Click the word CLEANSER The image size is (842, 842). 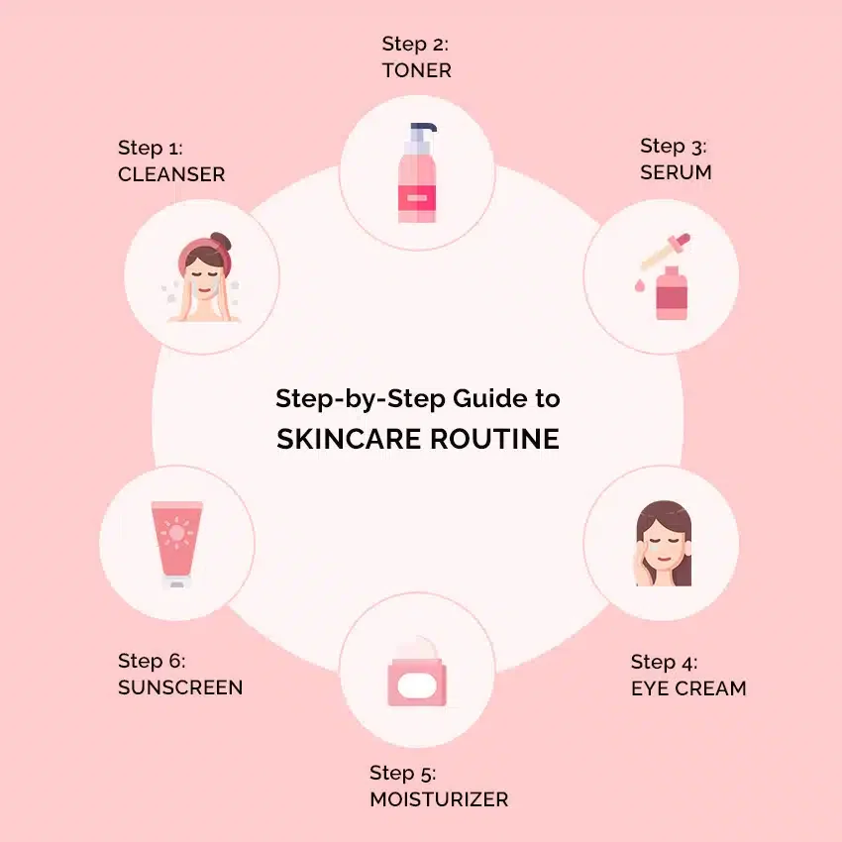pyautogui.click(x=171, y=174)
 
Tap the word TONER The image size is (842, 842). pyautogui.click(x=417, y=70)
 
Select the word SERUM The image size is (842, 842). pyautogui.click(x=676, y=172)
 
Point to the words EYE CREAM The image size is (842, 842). pyautogui.click(x=689, y=688)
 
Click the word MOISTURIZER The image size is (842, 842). pyautogui.click(x=439, y=799)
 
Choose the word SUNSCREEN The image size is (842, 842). pyautogui.click(x=180, y=687)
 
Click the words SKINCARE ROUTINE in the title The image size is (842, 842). pyautogui.click(x=418, y=439)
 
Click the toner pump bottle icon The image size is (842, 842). pyautogui.click(x=417, y=173)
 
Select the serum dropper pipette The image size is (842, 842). pyautogui.click(x=666, y=252)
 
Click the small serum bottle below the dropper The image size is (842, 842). pyautogui.click(x=672, y=293)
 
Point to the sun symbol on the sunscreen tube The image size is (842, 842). pyautogui.click(x=176, y=533)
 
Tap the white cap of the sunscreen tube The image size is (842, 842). pyautogui.click(x=176, y=580)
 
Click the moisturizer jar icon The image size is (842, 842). pyautogui.click(x=417, y=673)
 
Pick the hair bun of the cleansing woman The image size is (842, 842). pyautogui.click(x=221, y=241)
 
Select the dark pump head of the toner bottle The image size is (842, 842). pyautogui.click(x=423, y=132)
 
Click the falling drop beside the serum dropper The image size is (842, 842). pyautogui.click(x=639, y=285)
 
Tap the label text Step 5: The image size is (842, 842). pyautogui.click(x=403, y=774)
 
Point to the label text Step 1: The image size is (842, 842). pyautogui.click(x=151, y=149)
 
